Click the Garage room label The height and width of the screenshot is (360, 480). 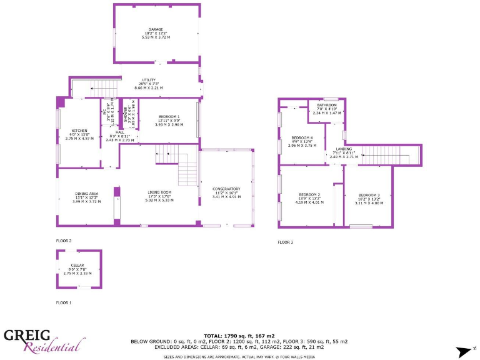pyautogui.click(x=156, y=29)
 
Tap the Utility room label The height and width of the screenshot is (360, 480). pyautogui.click(x=148, y=80)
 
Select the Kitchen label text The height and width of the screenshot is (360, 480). pyautogui.click(x=79, y=131)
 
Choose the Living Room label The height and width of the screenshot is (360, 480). pyautogui.click(x=159, y=192)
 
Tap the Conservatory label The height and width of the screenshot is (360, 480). pyautogui.click(x=226, y=189)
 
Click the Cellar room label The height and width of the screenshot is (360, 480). pyautogui.click(x=77, y=266)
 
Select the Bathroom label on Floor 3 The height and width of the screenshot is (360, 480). pyautogui.click(x=326, y=105)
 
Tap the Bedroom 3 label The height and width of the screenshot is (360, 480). pyautogui.click(x=369, y=195)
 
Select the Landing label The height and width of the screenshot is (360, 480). pyautogui.click(x=343, y=149)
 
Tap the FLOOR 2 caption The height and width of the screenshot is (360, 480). pyautogui.click(x=64, y=241)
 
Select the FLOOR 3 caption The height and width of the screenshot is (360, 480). pyautogui.click(x=286, y=242)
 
